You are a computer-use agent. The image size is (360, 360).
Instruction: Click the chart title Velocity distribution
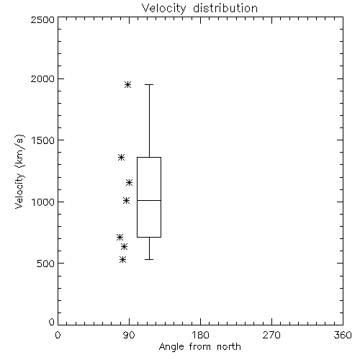(199, 8)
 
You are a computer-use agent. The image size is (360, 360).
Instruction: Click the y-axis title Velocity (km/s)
(19, 171)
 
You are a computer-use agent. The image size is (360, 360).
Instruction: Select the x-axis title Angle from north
(199, 346)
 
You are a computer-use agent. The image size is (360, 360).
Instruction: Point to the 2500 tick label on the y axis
(42, 19)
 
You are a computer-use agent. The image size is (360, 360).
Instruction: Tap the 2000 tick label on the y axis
(42, 78)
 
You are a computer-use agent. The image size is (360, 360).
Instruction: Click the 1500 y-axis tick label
(43, 140)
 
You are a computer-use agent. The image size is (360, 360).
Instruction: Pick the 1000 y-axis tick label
(43, 202)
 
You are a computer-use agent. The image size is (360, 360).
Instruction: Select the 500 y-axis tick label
(46, 264)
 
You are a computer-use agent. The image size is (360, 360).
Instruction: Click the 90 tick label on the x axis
(129, 335)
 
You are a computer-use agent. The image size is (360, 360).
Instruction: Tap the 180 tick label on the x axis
(200, 335)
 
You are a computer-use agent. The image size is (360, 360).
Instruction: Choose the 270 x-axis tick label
(271, 335)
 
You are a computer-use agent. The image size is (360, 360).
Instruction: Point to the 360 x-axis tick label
(343, 335)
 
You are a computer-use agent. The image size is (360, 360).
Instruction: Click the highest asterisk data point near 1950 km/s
(127, 84)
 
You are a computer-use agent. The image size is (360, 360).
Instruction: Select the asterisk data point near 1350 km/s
(121, 158)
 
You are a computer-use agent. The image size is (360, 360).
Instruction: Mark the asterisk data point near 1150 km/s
(129, 183)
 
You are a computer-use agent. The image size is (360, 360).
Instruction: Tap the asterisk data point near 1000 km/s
(126, 200)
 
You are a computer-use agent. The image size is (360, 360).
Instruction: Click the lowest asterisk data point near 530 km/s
(122, 259)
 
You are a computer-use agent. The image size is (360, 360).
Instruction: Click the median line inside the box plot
(149, 200)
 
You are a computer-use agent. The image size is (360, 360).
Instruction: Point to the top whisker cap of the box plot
(149, 84)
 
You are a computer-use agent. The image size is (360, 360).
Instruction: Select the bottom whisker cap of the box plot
(149, 259)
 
